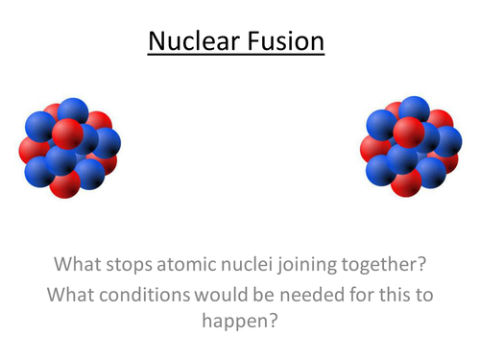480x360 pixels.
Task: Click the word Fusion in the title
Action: point(285,43)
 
